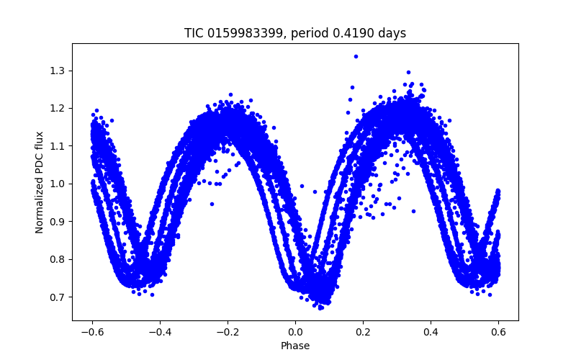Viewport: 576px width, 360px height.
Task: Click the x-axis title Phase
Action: (295, 346)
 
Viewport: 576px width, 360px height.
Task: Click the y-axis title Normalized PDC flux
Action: (40, 182)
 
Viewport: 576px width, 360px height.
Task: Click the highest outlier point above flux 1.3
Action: (356, 56)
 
